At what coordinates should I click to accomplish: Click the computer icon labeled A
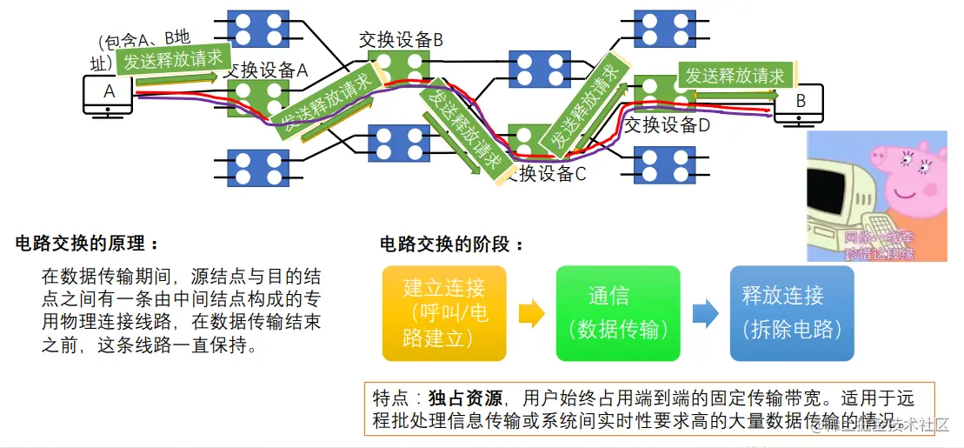pyautogui.click(x=108, y=96)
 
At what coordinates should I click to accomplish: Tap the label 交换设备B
pyautogui.click(x=401, y=40)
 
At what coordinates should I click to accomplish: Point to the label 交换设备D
pyautogui.click(x=667, y=125)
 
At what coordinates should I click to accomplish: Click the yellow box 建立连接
pyautogui.click(x=444, y=313)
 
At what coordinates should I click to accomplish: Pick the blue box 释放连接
pyautogui.click(x=791, y=313)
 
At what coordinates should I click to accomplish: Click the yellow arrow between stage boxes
pyautogui.click(x=531, y=313)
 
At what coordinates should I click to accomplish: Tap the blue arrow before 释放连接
pyautogui.click(x=705, y=313)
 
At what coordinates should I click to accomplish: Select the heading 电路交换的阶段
pyautogui.click(x=452, y=244)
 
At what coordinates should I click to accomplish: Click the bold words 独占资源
pyautogui.click(x=465, y=399)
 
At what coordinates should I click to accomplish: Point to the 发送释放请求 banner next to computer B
pyautogui.click(x=735, y=76)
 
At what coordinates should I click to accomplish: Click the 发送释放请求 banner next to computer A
pyautogui.click(x=173, y=61)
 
